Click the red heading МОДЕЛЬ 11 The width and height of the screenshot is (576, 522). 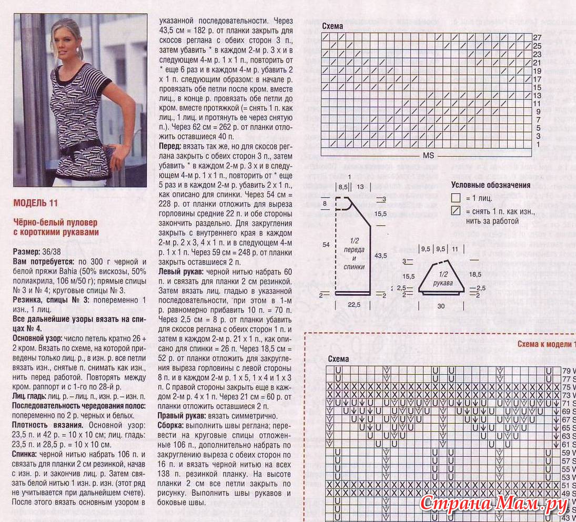36,203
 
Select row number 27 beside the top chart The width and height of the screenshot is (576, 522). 537,38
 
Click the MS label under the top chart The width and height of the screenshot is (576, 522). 429,156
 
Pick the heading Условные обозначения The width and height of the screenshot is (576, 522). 490,185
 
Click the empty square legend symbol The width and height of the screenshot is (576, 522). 456,199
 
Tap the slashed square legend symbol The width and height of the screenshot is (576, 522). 456,212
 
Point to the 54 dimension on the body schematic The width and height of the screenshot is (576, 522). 326,245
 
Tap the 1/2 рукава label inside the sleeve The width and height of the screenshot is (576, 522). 444,279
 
